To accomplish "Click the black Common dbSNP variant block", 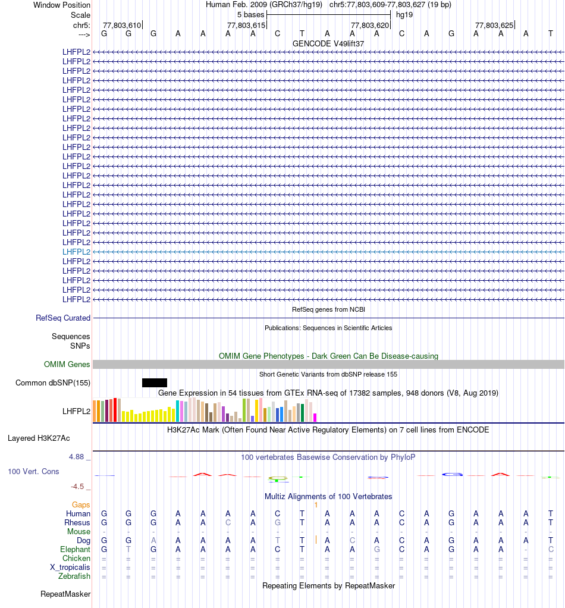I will [x=155, y=383].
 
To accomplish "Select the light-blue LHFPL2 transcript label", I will [x=77, y=252].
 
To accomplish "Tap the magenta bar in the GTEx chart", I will [x=315, y=417].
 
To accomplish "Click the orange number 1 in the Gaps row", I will [x=316, y=504].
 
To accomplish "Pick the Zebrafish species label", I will [x=74, y=576].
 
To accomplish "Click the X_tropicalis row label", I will [x=70, y=567].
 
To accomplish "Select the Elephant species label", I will [x=76, y=549].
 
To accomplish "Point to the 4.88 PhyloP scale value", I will [x=77, y=457].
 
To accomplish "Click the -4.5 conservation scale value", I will [x=78, y=486].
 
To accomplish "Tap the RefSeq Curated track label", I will [x=63, y=318].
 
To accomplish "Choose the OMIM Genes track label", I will [x=67, y=364].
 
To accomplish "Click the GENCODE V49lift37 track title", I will [x=328, y=43].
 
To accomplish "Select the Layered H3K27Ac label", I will [x=39, y=438].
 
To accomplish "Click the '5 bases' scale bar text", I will [x=250, y=14].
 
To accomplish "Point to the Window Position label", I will [x=62, y=5].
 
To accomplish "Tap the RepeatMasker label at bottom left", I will [x=65, y=594].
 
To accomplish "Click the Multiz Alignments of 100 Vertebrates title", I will [x=328, y=496].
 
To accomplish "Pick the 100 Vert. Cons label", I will [x=33, y=471].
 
